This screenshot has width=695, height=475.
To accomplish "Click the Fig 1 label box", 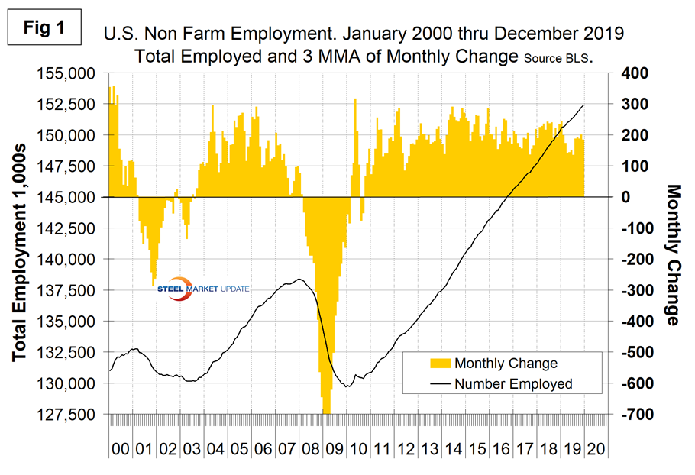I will [x=47, y=28].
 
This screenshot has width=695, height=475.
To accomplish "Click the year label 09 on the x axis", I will [x=334, y=447].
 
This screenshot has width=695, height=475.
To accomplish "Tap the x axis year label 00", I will [x=120, y=447].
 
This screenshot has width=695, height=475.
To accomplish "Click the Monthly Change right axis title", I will [x=673, y=254].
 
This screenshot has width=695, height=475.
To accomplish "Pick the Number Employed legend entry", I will [x=512, y=384].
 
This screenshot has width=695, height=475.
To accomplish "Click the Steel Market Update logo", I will [x=204, y=289].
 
